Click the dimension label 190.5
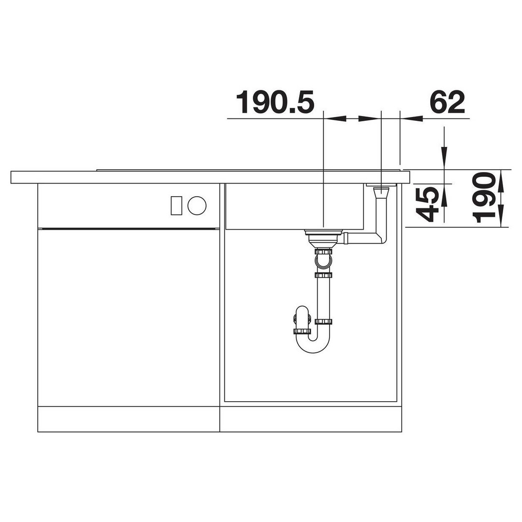pyautogui.click(x=275, y=102)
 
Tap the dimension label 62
pyautogui.click(x=447, y=102)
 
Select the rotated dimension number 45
pyautogui.click(x=426, y=204)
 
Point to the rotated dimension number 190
pyautogui.click(x=483, y=198)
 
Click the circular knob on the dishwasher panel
pyautogui.click(x=197, y=205)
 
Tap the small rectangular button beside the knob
pyautogui.click(x=176, y=205)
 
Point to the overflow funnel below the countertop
pyautogui.click(x=381, y=193)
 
